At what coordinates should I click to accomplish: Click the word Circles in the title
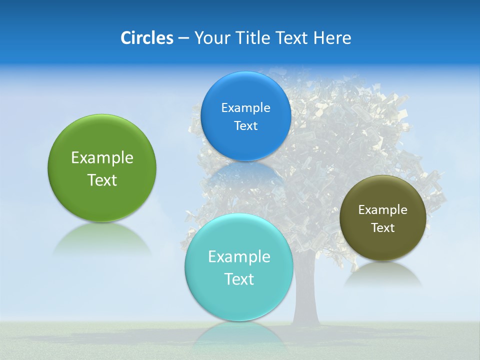click(146, 38)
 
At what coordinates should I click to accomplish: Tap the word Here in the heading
click(332, 38)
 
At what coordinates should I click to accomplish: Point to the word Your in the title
click(210, 38)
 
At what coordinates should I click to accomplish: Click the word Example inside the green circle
click(102, 158)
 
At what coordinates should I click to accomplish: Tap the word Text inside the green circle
click(102, 180)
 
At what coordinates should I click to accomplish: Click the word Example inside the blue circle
click(245, 108)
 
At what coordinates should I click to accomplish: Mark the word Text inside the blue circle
click(245, 126)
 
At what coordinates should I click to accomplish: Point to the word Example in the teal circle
click(239, 257)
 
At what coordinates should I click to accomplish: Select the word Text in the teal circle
click(239, 279)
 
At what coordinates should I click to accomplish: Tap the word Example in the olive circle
click(382, 210)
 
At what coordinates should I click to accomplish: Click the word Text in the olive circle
click(382, 228)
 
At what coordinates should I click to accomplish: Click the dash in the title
click(183, 38)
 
